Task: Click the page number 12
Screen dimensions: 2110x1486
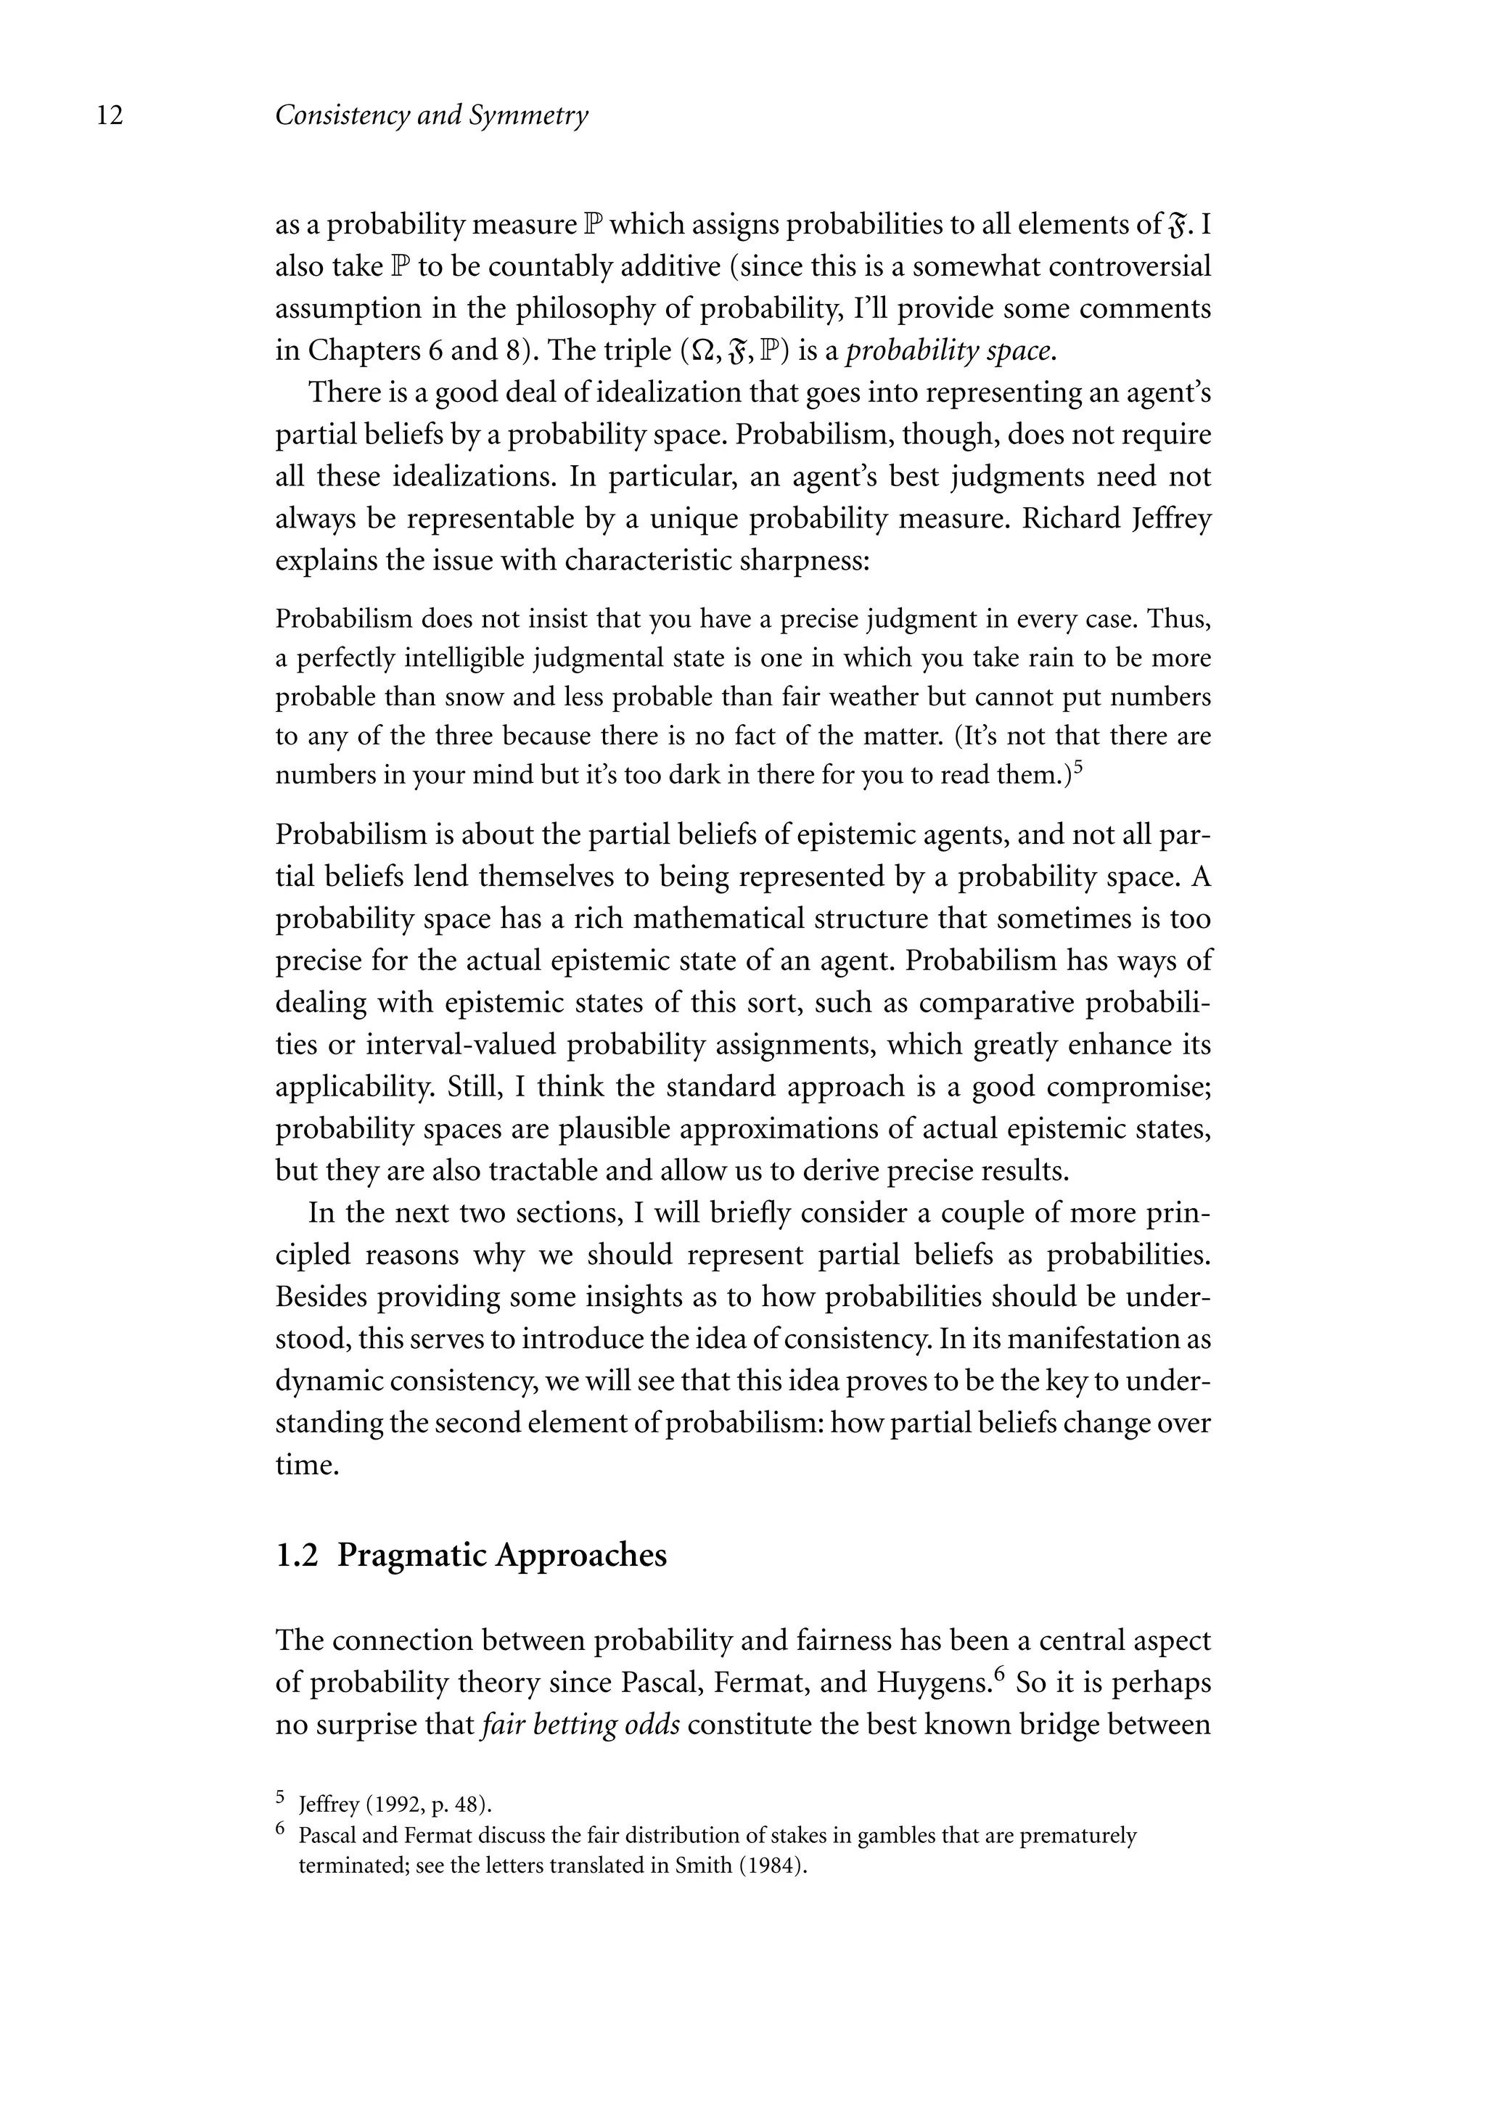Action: click(x=110, y=116)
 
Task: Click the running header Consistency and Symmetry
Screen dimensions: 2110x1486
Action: click(x=432, y=116)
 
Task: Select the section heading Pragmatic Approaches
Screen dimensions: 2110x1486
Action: click(x=502, y=1554)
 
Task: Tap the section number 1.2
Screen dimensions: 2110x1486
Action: click(x=296, y=1554)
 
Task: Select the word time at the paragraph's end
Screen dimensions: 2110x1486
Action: click(x=303, y=1465)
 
